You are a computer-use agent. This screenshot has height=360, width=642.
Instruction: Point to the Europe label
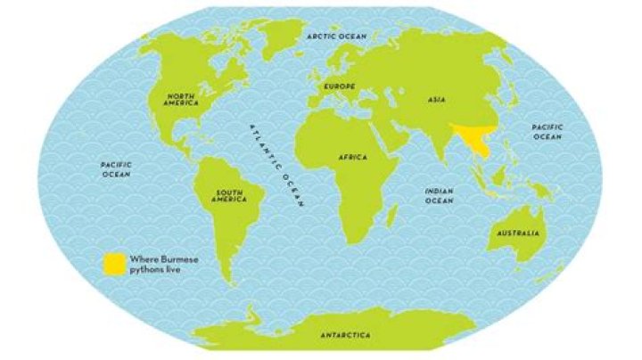click(x=340, y=86)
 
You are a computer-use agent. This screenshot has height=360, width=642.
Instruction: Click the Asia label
click(x=435, y=101)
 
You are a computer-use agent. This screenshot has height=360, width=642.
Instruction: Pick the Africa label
click(x=353, y=157)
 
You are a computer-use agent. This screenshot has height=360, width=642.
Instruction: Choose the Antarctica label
click(x=346, y=336)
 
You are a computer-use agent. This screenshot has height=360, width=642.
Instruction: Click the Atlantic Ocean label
click(x=276, y=165)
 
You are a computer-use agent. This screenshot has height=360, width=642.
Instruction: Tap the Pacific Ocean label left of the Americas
click(x=116, y=169)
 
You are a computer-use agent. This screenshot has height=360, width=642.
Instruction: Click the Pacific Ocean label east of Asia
click(x=547, y=132)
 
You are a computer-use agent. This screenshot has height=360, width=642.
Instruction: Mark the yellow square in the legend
click(x=113, y=262)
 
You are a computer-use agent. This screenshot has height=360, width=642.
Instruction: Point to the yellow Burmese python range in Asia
click(x=470, y=141)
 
